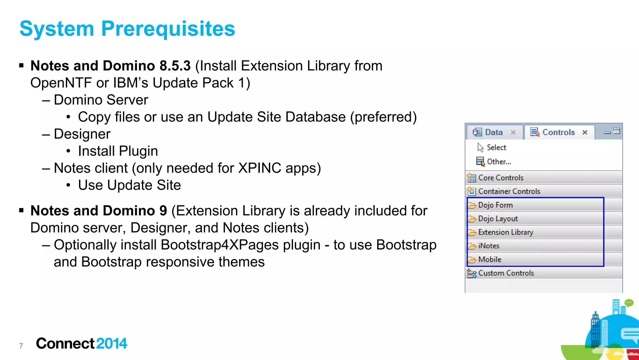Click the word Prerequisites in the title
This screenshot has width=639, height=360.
(x=168, y=29)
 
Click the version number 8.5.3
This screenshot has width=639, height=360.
(x=175, y=66)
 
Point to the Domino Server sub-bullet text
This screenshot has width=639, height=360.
(x=101, y=100)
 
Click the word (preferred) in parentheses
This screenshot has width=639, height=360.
(x=383, y=117)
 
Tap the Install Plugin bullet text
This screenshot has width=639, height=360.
(x=118, y=151)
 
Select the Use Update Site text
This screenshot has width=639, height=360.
(x=129, y=185)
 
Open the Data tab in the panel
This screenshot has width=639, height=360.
(x=494, y=132)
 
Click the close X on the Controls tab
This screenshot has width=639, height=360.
(x=585, y=132)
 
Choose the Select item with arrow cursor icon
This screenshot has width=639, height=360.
(x=496, y=147)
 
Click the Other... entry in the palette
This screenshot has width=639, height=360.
(x=499, y=162)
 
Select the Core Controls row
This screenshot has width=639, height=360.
(x=501, y=178)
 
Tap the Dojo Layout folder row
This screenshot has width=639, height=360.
(x=498, y=219)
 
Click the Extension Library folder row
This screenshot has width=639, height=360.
(x=505, y=232)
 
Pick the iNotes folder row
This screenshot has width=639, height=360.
(x=489, y=246)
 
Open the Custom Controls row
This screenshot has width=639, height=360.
(x=506, y=273)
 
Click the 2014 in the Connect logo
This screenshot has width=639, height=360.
(x=111, y=343)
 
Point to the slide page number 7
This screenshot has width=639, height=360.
(x=21, y=346)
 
